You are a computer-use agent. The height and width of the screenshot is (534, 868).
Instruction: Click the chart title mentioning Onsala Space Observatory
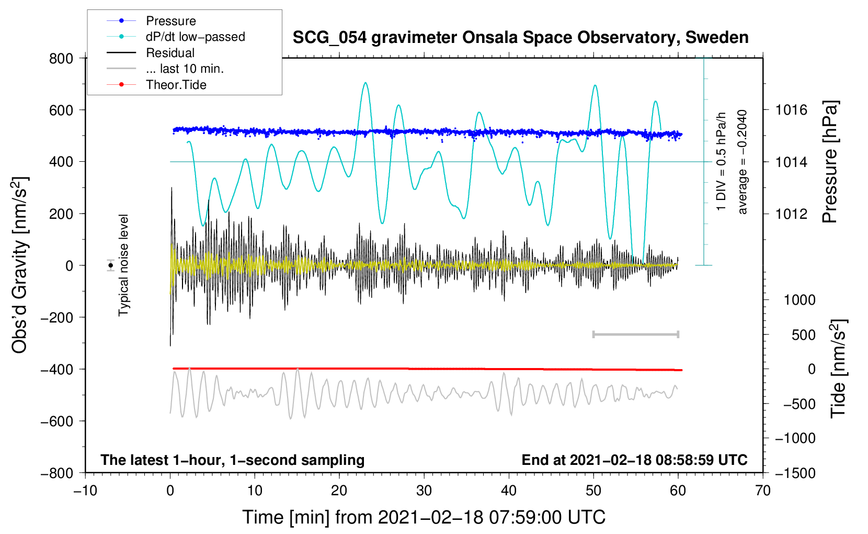tap(520, 38)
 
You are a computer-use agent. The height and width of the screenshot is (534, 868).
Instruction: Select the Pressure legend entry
tap(170, 21)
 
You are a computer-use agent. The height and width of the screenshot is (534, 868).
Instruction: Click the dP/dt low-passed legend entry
tap(195, 37)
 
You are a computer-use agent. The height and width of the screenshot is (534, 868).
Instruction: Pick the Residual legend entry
tap(170, 53)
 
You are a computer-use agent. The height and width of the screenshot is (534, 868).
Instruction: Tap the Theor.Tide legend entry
tap(176, 85)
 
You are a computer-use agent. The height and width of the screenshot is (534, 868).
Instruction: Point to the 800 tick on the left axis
tap(61, 58)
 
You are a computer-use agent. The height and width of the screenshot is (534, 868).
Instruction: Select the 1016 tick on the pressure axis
tap(791, 110)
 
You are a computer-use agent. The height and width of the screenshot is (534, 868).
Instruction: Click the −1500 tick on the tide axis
tap(795, 473)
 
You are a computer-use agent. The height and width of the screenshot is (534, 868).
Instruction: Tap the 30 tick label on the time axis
tap(424, 491)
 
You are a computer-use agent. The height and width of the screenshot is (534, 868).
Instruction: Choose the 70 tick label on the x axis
tap(763, 491)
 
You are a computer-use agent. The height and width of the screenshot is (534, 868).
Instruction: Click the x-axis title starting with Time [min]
tap(424, 517)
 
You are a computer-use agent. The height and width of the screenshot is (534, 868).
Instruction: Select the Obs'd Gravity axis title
tap(20, 265)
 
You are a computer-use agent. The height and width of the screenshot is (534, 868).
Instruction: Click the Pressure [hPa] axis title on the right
tap(830, 162)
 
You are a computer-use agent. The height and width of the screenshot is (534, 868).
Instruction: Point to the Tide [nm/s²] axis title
tap(838, 369)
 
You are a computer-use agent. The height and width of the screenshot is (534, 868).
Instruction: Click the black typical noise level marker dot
tap(111, 265)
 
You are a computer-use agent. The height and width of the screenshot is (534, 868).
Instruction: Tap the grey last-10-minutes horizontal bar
tap(636, 334)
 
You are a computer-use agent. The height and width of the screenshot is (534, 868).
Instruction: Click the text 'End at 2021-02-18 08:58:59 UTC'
tap(634, 460)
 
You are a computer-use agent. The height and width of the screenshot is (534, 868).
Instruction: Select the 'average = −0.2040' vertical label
tap(742, 162)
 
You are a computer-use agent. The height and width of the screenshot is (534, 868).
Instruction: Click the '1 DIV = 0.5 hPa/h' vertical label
tap(722, 162)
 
